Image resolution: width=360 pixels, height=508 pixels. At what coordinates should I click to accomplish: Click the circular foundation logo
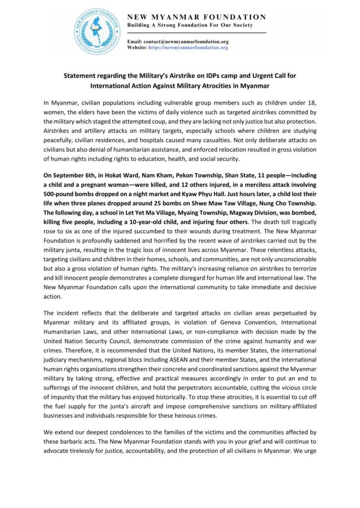(97, 31)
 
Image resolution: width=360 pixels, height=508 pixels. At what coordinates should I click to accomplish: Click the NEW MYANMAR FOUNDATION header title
(197, 16)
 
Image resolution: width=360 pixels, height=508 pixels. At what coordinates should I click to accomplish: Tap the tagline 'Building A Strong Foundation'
(190, 25)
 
